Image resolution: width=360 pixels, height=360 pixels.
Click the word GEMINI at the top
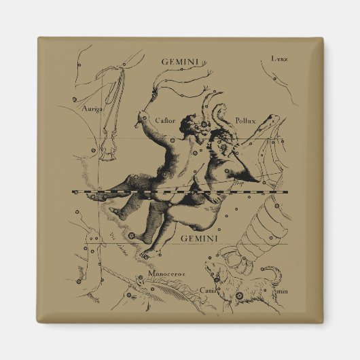179,61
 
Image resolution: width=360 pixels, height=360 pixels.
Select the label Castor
166,121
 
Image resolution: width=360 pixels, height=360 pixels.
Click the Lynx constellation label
279,58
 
